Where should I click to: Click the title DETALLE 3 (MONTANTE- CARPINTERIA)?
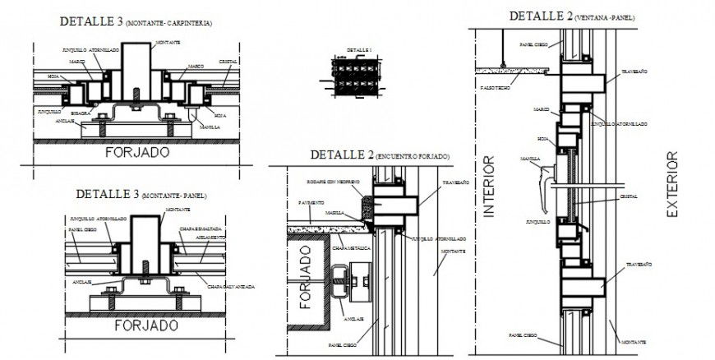135,22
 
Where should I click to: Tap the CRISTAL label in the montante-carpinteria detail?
228,62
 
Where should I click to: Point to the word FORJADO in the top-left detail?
137,153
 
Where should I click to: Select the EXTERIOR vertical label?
671,184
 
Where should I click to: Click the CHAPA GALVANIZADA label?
231,287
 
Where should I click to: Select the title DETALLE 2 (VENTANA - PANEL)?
571,16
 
